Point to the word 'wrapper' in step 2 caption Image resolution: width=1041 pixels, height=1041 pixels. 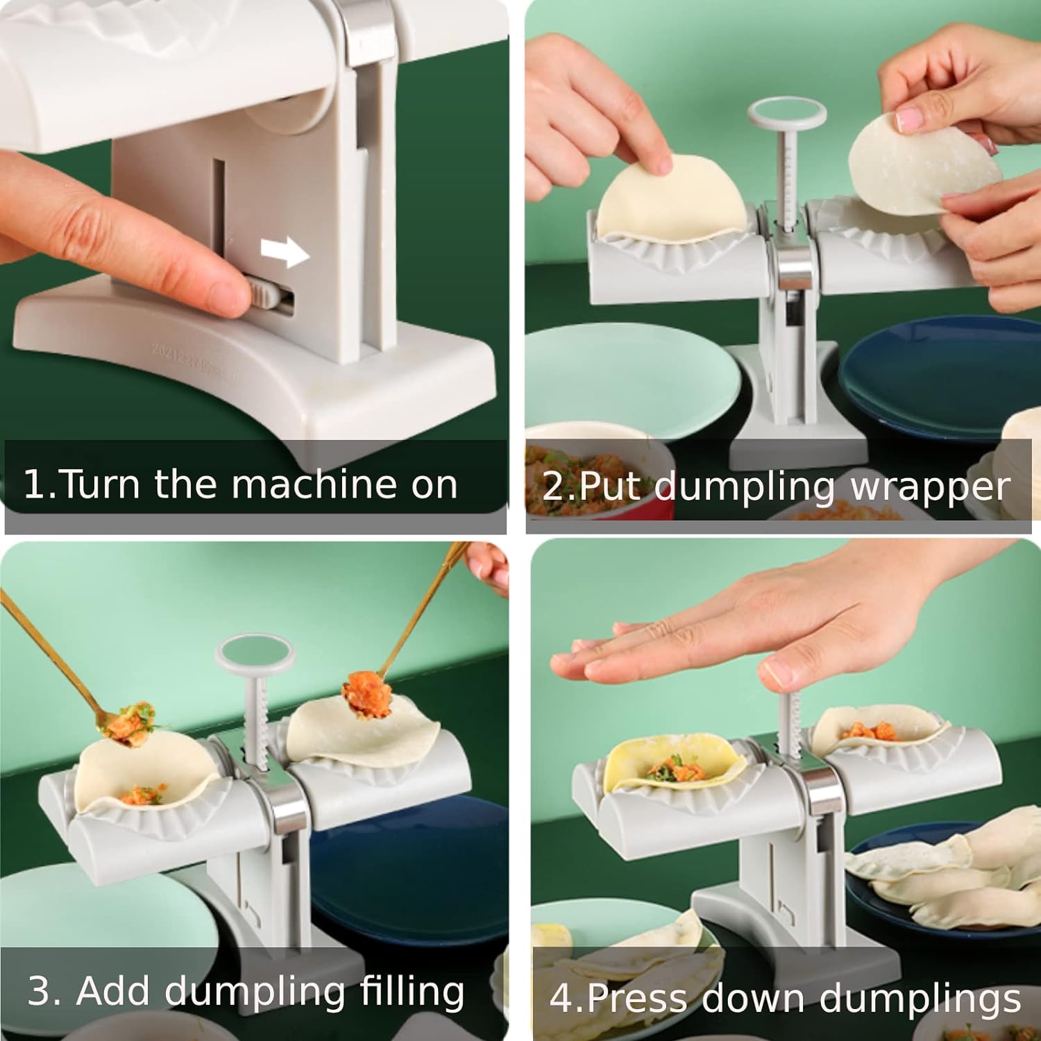(x=930, y=488)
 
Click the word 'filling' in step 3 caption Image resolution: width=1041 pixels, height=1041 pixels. (x=412, y=991)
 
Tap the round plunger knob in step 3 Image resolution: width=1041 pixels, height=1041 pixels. (x=255, y=655)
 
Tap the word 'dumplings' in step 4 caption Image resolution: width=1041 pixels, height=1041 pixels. (x=920, y=999)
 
